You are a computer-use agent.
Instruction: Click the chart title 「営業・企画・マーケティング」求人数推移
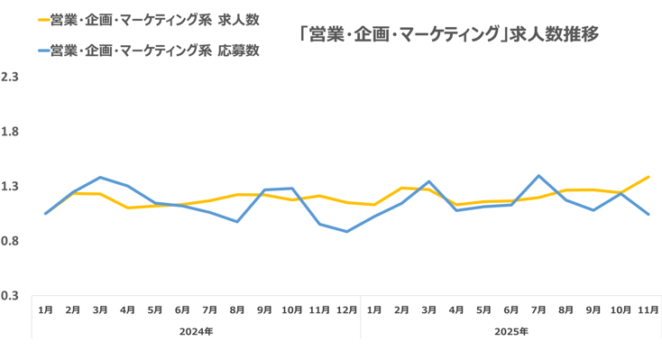(448, 34)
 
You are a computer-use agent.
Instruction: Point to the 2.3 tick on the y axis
(10, 78)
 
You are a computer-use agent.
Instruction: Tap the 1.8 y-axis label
(10, 132)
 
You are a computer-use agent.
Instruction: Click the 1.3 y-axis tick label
(10, 187)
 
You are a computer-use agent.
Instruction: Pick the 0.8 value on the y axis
(10, 241)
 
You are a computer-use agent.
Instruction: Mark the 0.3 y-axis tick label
(10, 295)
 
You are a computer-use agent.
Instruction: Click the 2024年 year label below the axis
(196, 331)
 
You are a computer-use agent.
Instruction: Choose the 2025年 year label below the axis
(510, 331)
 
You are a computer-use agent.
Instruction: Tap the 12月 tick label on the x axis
(346, 309)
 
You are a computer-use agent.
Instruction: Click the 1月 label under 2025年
(374, 309)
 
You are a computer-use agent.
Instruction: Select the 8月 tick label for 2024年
(237, 309)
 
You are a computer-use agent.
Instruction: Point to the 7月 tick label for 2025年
(538, 309)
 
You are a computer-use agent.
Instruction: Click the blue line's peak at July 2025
(538, 176)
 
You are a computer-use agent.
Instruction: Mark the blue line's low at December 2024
(346, 232)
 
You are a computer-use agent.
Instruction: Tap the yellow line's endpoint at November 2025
(648, 177)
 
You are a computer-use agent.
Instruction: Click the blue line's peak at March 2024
(100, 177)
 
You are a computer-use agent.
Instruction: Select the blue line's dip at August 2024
(237, 222)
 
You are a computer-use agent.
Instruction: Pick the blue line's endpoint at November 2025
(648, 215)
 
